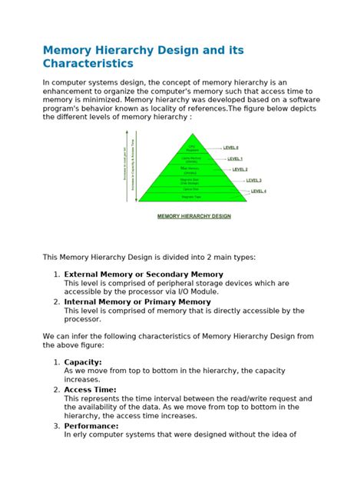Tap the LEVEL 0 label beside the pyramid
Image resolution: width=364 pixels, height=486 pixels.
pos(230,147)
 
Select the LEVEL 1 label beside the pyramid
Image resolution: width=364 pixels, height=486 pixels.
pos(235,158)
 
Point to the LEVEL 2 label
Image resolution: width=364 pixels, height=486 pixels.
pos(240,169)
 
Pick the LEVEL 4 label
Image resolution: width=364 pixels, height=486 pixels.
pos(258,191)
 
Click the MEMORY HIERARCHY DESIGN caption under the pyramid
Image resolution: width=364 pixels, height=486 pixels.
pos(194,216)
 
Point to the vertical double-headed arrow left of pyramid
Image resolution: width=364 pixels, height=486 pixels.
pos(136,165)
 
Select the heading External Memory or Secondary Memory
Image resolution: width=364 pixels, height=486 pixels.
pos(144,274)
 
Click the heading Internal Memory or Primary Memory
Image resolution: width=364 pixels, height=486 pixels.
pos(137,301)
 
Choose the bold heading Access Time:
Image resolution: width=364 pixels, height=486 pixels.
pos(90,389)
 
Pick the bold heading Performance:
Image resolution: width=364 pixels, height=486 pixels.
pos(91,425)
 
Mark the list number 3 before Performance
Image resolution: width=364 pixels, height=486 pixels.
pos(56,425)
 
